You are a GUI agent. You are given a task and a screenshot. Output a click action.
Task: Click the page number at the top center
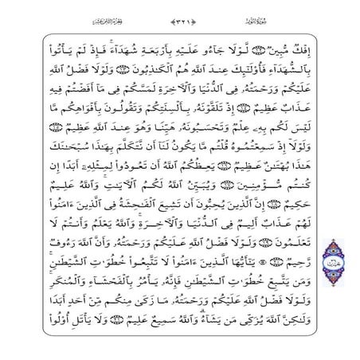(181, 18)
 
